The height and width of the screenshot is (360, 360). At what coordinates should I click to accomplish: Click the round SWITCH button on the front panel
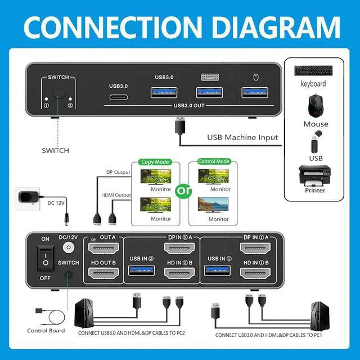pos(57,94)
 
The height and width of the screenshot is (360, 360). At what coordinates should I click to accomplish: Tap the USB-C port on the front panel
pos(119,96)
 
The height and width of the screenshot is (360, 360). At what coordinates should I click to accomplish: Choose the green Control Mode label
pos(214,161)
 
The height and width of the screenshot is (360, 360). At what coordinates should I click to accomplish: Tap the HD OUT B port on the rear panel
pos(102,275)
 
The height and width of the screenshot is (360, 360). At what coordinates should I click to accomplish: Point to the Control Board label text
pos(46,330)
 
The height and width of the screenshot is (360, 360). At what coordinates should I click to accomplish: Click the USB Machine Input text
pos(242,137)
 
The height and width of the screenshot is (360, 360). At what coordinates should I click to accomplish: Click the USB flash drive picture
pos(316,143)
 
